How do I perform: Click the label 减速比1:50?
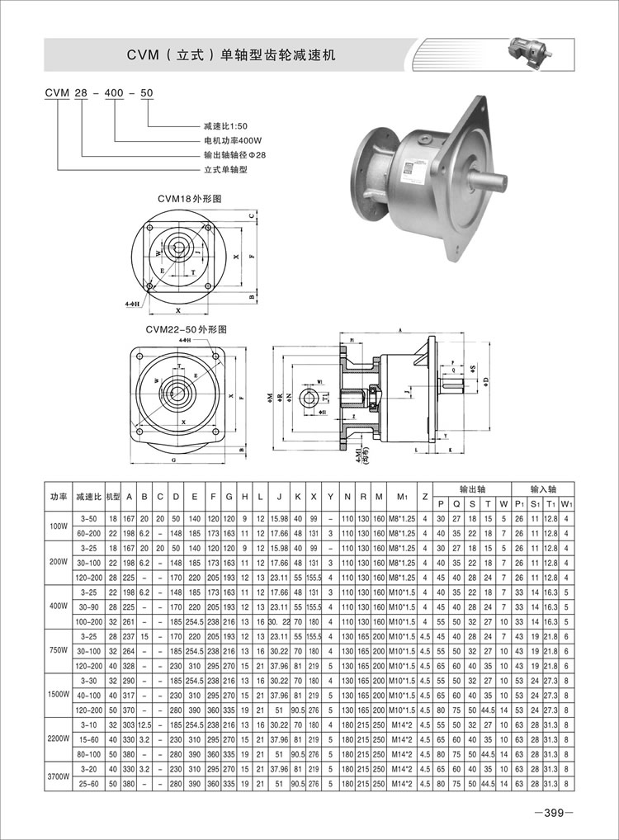225,126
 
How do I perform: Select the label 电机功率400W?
230,140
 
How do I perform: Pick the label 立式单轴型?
225,169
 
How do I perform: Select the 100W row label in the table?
58,525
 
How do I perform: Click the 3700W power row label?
58,776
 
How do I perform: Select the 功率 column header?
58,497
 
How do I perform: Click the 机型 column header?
114,497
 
